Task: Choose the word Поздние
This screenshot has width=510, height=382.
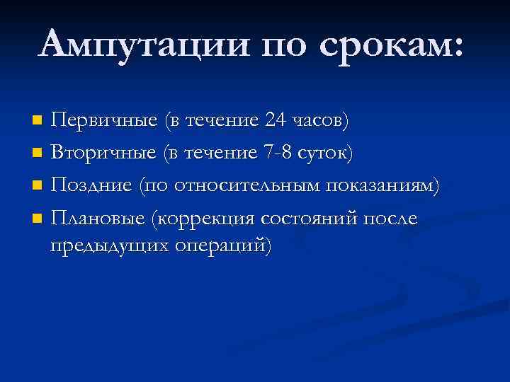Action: pyautogui.click(x=92, y=186)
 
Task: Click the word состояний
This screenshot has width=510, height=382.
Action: pyautogui.click(x=309, y=219)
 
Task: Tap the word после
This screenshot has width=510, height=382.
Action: pyautogui.click(x=390, y=219)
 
